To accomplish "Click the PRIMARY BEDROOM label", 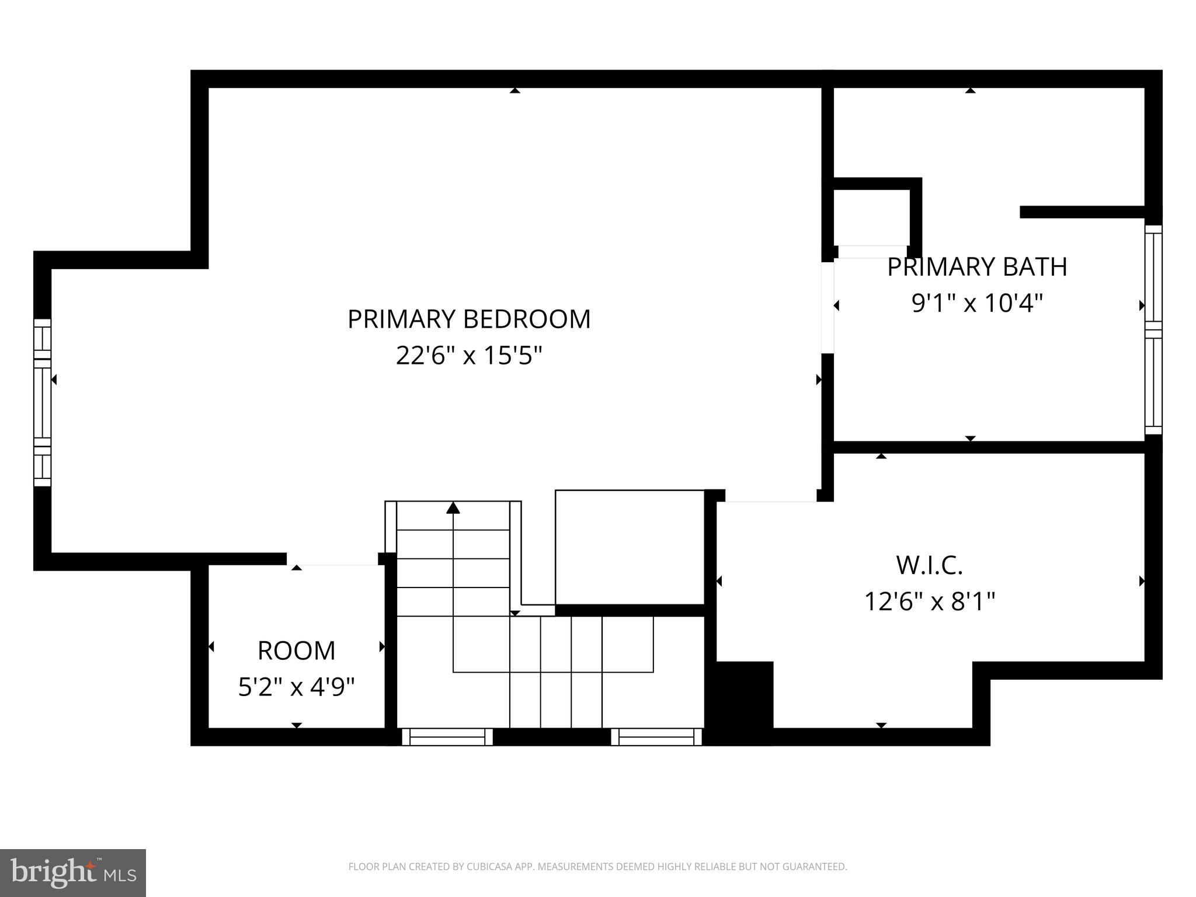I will click(469, 319).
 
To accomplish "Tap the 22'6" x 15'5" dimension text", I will click(469, 355).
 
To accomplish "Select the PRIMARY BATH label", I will click(977, 267).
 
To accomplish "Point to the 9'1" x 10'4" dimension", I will click(977, 303).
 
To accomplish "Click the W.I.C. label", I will click(929, 565).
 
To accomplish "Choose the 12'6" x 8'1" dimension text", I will click(929, 601).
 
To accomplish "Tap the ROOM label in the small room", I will click(296, 651).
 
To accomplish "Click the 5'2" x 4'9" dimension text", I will click(296, 687).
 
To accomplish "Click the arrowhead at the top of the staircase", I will click(453, 508).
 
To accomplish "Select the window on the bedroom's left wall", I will click(42, 403).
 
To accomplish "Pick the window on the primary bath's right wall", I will click(1153, 330).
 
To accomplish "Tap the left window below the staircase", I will click(447, 737).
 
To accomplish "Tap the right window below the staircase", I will click(656, 737).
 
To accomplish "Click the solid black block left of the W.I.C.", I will click(740, 701).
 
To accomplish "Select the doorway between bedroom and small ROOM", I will click(333, 560).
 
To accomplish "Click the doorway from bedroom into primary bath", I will click(828, 308).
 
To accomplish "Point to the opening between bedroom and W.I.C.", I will click(771, 497).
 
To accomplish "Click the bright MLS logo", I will click(72, 872).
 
